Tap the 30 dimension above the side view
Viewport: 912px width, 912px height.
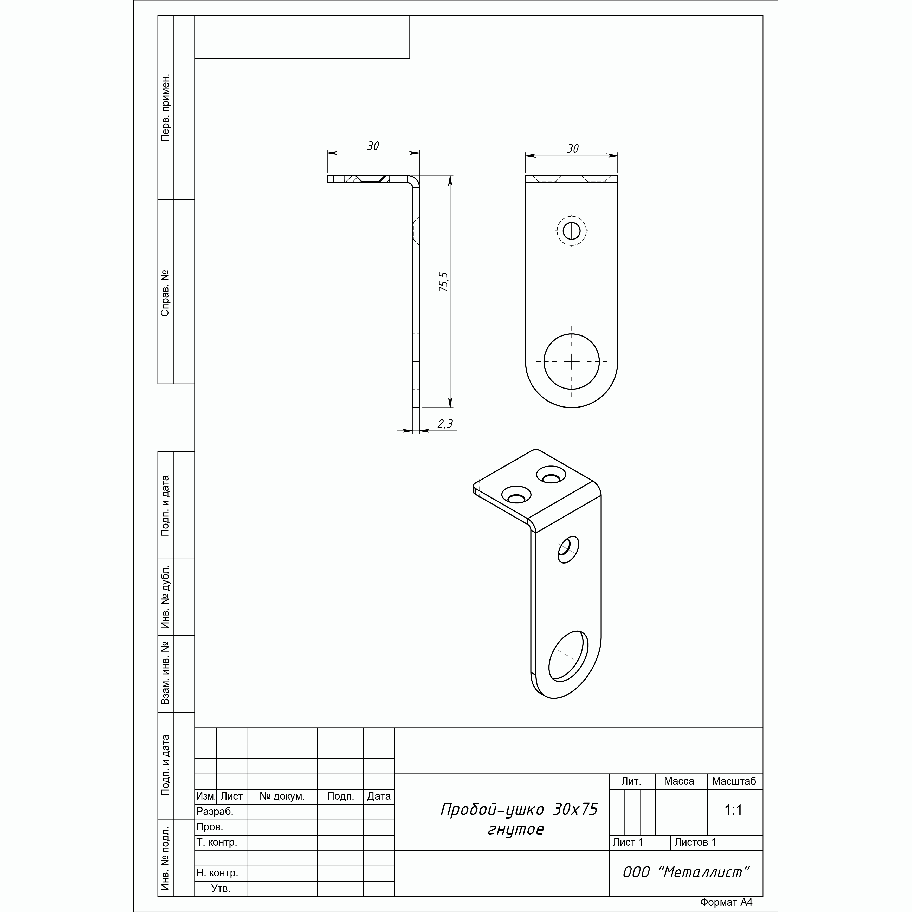point(373,146)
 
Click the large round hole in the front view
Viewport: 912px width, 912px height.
point(544,361)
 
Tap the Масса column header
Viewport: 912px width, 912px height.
point(679,781)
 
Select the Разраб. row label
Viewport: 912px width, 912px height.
point(215,811)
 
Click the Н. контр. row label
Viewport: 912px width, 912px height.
point(217,873)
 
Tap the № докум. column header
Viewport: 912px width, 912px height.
point(282,796)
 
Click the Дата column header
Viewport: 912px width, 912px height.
point(379,796)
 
